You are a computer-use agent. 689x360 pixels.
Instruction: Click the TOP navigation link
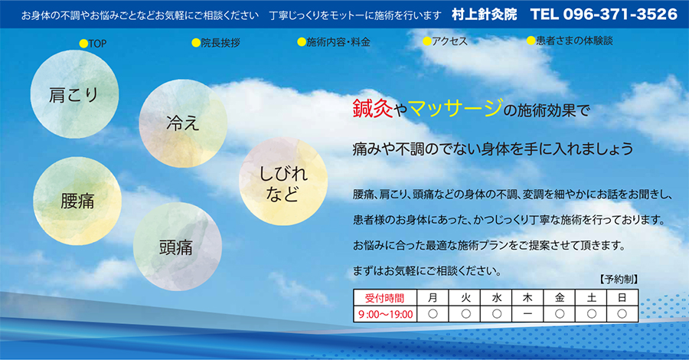tap(93, 44)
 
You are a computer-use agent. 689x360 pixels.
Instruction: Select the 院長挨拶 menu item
tap(216, 43)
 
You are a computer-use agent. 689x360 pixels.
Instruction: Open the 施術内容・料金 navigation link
tap(334, 42)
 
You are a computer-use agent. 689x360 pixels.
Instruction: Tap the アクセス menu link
tap(445, 41)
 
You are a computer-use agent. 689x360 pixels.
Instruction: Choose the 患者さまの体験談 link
tap(570, 41)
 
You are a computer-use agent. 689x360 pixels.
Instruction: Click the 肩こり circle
tap(75, 94)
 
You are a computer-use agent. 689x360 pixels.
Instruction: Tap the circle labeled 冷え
tap(183, 123)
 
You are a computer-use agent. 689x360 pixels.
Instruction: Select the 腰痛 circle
tap(77, 201)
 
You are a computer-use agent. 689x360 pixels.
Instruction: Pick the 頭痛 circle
tap(178, 247)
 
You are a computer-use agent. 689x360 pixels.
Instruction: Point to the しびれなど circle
tap(283, 182)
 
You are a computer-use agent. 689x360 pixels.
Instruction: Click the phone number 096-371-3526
tap(620, 14)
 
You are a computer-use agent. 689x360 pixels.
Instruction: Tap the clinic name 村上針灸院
tap(485, 15)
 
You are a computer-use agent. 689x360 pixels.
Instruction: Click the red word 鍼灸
tap(373, 108)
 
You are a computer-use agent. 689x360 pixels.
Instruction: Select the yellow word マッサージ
tap(456, 108)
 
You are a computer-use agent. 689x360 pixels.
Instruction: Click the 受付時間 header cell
tap(385, 298)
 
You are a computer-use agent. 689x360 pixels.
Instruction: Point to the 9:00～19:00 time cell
tap(385, 314)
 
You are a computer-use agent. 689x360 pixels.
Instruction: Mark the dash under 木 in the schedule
tap(527, 314)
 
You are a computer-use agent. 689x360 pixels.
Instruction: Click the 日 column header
tap(622, 298)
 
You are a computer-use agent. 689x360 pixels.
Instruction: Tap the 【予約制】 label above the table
tap(618, 279)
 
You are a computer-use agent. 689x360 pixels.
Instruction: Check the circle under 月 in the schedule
tap(433, 314)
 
